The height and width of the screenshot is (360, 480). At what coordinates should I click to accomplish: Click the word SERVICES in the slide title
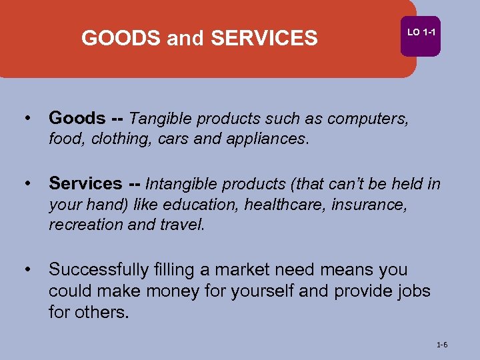point(264,39)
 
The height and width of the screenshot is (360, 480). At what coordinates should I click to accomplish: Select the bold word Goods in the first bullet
point(77,119)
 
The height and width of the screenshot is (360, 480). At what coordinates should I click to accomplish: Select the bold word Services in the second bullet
point(85,183)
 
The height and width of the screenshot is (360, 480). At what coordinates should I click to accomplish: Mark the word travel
point(181,225)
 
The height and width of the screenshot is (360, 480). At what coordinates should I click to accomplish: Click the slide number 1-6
point(441,345)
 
